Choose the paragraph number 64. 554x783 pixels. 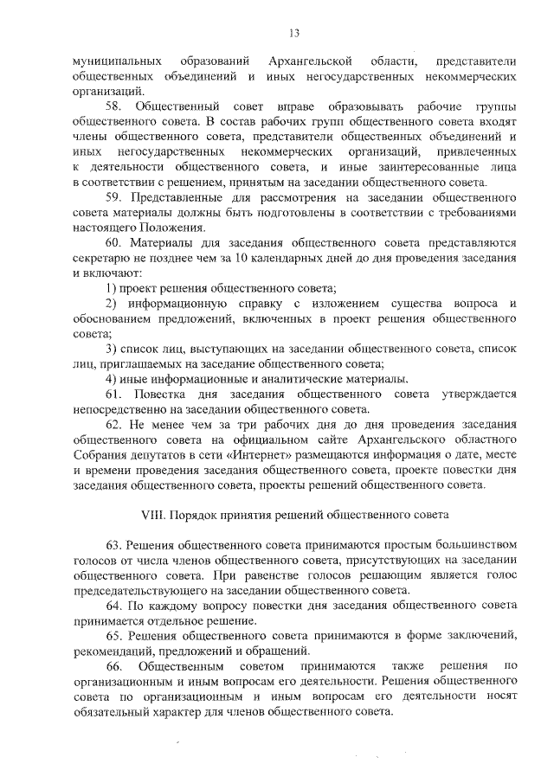point(115,606)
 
